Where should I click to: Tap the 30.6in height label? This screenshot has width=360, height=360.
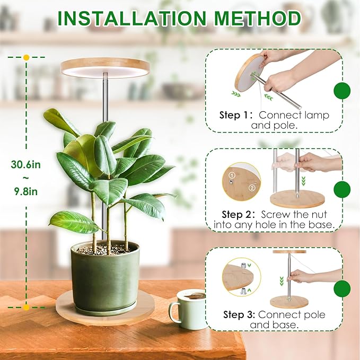tap(25, 165)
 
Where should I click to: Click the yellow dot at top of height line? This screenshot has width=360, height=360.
tap(26, 57)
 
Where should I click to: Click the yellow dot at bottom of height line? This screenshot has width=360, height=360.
tap(26, 306)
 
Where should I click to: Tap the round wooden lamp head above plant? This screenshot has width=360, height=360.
tap(104, 67)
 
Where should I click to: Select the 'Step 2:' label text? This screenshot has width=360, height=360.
tap(236, 215)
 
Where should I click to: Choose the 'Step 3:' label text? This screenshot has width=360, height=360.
tap(236, 315)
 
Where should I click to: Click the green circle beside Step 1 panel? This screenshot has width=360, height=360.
tap(342, 91)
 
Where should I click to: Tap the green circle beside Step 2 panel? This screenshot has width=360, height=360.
tap(342, 189)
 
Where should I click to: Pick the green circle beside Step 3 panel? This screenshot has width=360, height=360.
tap(342, 288)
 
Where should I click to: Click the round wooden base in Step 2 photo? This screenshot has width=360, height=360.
tap(297, 199)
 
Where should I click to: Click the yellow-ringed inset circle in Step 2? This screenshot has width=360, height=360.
tap(241, 181)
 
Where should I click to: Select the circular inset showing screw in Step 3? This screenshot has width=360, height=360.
tap(242, 277)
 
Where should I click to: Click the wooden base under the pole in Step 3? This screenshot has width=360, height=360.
tap(289, 302)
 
